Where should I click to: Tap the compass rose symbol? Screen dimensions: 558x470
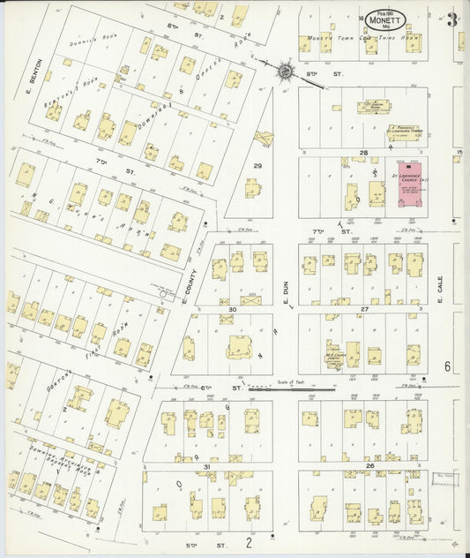(286, 69)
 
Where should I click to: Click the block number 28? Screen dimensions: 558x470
(362, 153)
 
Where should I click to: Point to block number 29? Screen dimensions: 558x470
(258, 166)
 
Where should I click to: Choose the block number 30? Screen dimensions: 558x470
(233, 309)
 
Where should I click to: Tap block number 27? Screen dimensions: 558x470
(363, 309)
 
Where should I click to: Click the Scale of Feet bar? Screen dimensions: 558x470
(304, 388)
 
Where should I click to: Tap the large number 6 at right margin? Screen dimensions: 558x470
(448, 366)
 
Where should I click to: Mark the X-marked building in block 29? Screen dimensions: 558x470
(263, 139)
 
